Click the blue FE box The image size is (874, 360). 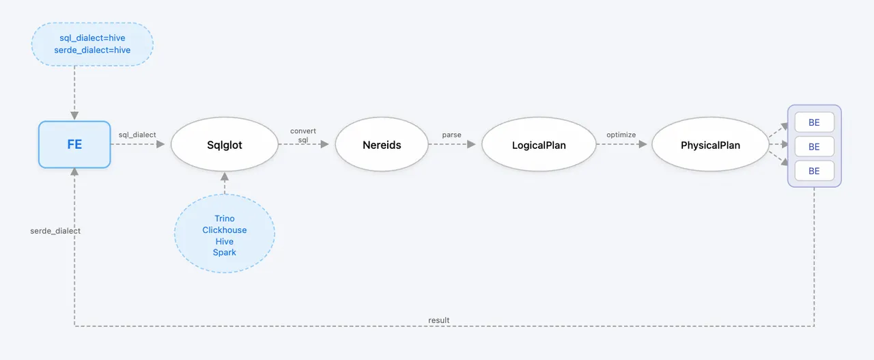coord(74,144)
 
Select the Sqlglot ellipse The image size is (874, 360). coord(225,144)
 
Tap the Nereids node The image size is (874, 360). coord(382,144)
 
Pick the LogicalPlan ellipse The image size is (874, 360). coord(539,144)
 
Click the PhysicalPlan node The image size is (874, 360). coord(710,144)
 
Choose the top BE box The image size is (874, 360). coord(815,122)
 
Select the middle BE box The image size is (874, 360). coord(815,146)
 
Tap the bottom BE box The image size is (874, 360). coord(815,171)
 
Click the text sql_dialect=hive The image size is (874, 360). coord(92,38)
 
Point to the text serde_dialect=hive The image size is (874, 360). coord(92,50)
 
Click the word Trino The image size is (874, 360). coord(225,219)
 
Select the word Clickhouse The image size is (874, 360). coord(225,230)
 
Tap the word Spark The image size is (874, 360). coord(225,253)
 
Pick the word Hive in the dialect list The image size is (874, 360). coord(225,241)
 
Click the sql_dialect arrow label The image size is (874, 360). coord(137,135)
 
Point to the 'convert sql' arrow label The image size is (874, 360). coord(302,135)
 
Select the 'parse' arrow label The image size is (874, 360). coord(451,135)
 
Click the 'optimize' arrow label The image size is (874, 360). coord(621,135)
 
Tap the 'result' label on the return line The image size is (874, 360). coord(438,320)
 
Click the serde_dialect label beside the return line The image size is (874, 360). coord(55,231)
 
